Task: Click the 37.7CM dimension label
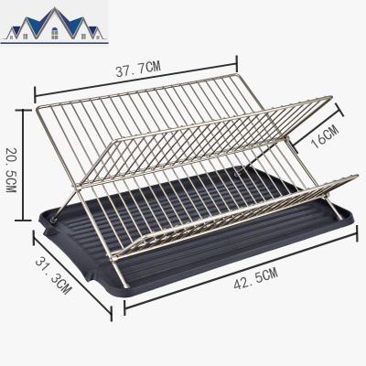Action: pos(138,69)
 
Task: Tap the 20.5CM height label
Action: pos(11,170)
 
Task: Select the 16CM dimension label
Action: pos(326,137)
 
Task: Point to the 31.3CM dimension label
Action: pos(54,275)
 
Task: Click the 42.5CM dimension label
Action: pos(256,278)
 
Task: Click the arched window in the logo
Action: pos(55,33)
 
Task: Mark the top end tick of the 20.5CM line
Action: pos(23,110)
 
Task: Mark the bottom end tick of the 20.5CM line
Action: pos(23,220)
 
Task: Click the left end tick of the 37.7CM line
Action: pos(36,94)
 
